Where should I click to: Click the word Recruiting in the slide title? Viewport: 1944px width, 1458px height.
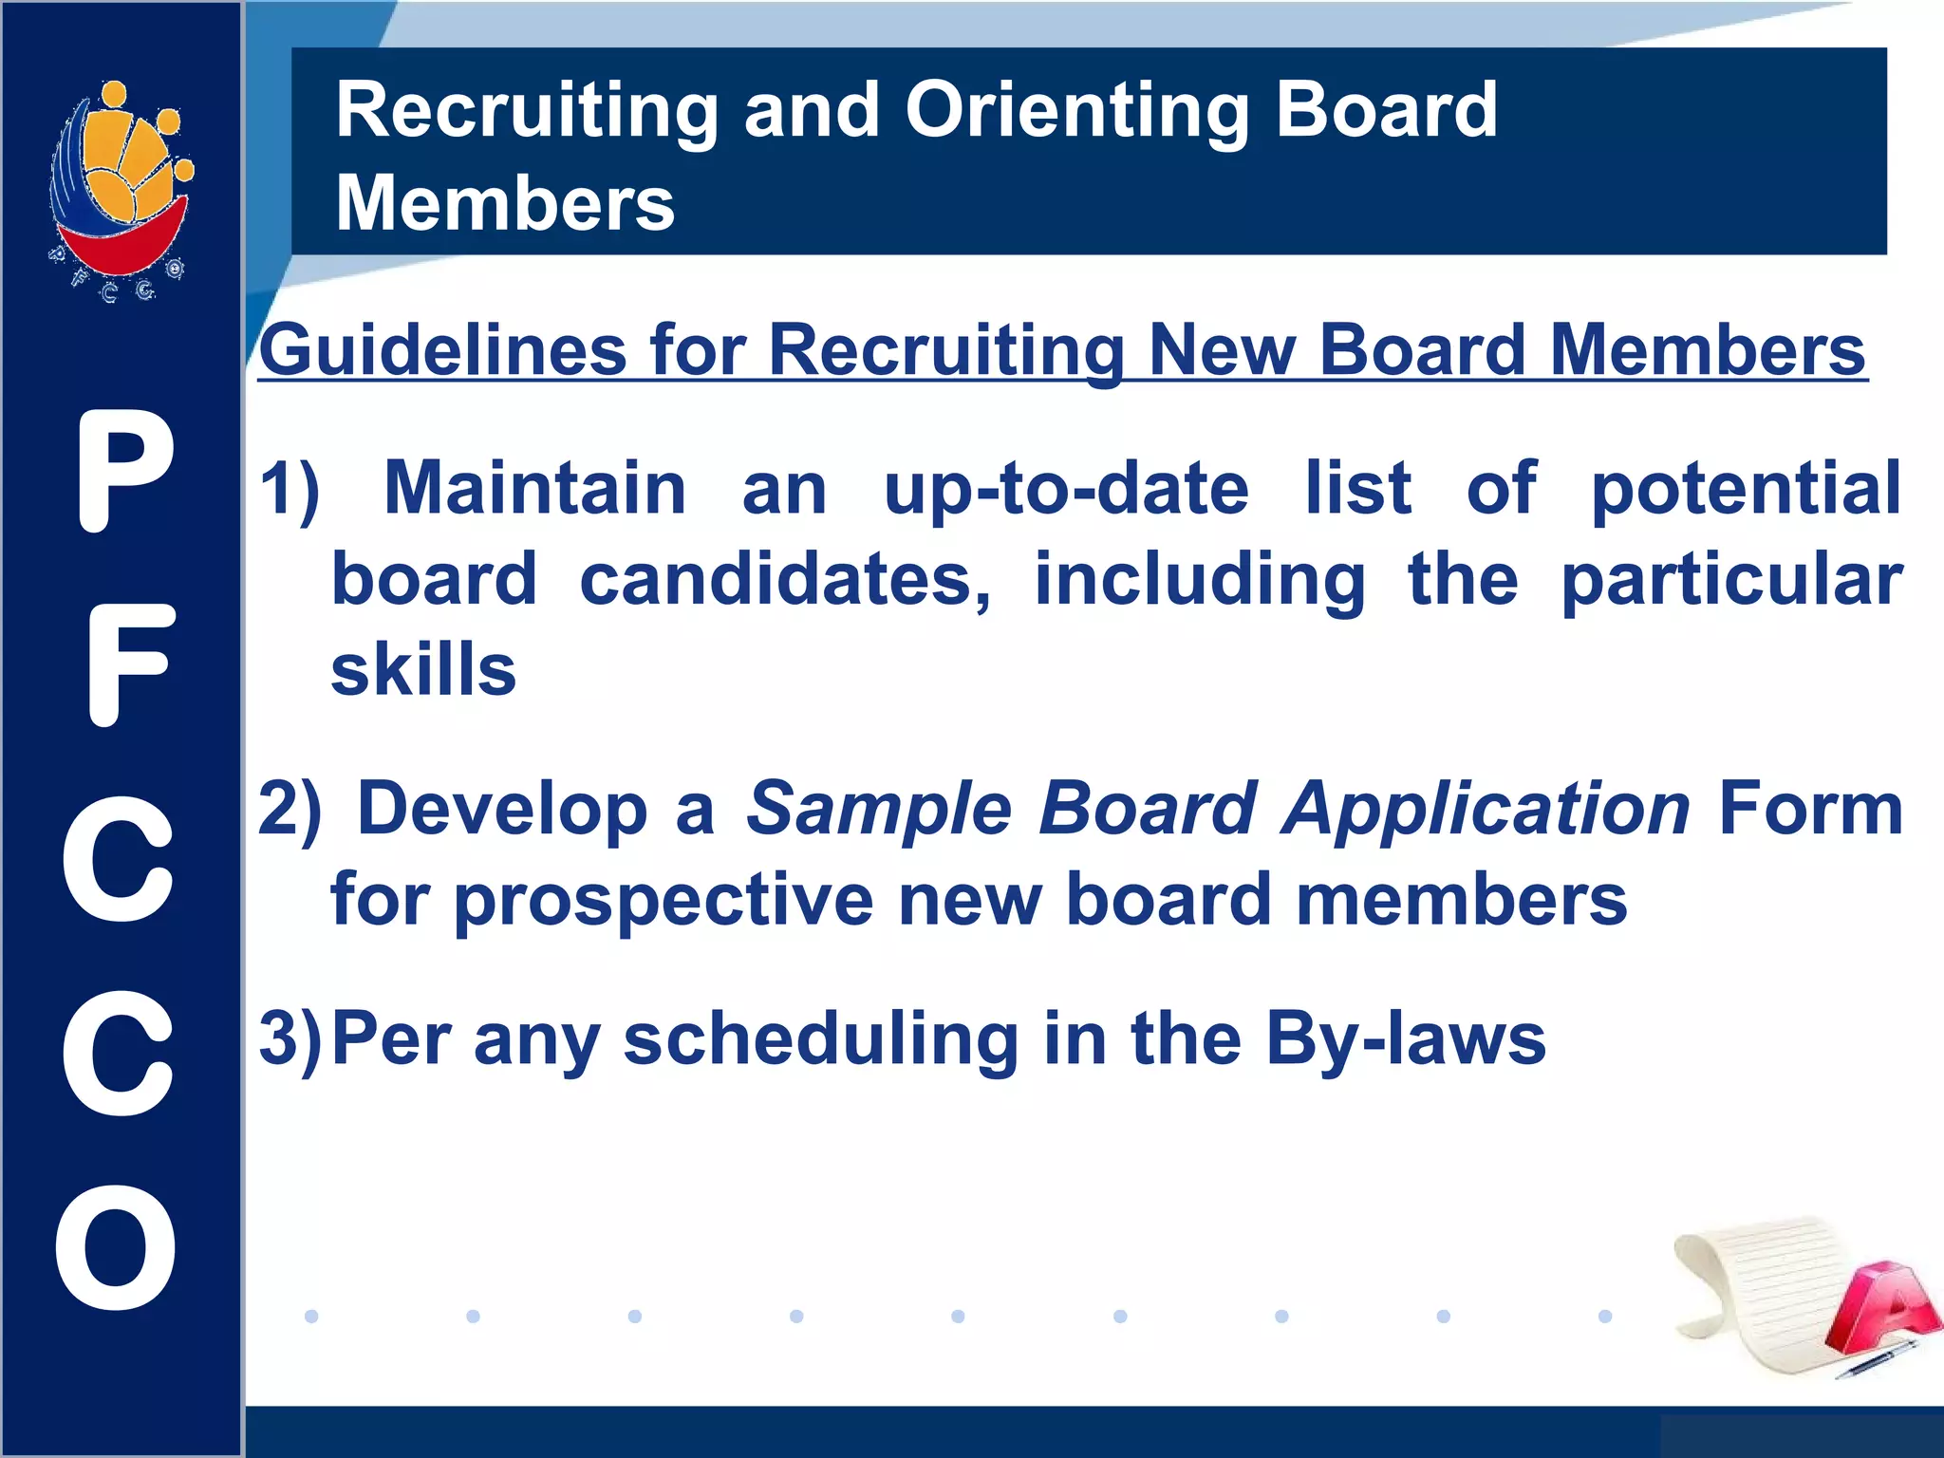pyautogui.click(x=527, y=112)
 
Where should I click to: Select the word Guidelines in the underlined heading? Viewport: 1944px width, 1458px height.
pyautogui.click(x=442, y=350)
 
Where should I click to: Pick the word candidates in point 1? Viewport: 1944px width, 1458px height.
pyautogui.click(x=785, y=580)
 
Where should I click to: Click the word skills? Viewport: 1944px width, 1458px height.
pyautogui.click(x=423, y=669)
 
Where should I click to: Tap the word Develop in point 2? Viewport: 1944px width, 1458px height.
pyautogui.click(x=502, y=809)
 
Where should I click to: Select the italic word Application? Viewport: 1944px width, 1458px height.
pyautogui.click(x=1486, y=809)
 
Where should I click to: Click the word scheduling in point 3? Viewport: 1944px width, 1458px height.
pyautogui.click(x=821, y=1039)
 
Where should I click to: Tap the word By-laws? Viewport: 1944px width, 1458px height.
pyautogui.click(x=1406, y=1039)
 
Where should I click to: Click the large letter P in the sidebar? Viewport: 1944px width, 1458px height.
pyautogui.click(x=126, y=472)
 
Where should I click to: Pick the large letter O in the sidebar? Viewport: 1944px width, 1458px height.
pyautogui.click(x=116, y=1247)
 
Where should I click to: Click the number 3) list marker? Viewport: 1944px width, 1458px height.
pyautogui.click(x=291, y=1040)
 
